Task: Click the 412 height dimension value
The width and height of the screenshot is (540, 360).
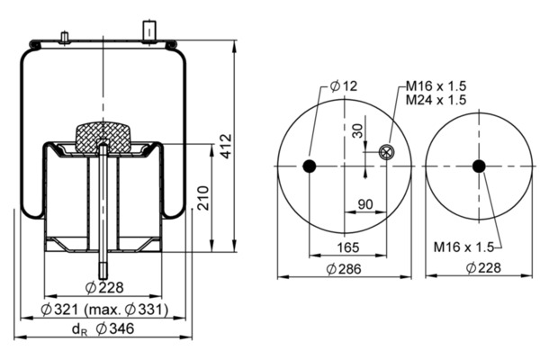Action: [226, 146]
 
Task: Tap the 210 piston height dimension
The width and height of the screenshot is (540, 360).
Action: [203, 198]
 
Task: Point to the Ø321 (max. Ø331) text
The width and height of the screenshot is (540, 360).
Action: [104, 310]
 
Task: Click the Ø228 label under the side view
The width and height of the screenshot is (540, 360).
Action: [104, 287]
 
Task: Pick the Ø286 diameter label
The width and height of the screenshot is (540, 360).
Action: [344, 269]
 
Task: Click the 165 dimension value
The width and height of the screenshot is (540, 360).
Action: [347, 247]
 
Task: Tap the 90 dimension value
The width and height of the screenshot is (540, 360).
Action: [365, 204]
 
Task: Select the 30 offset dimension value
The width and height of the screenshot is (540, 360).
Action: [358, 130]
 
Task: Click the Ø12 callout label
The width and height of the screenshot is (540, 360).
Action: [344, 85]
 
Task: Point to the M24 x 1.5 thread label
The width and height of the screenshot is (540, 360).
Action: [436, 100]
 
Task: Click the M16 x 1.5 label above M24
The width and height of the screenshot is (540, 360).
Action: [436, 85]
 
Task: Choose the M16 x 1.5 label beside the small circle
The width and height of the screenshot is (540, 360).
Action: [463, 247]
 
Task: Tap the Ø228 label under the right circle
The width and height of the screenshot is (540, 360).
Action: [483, 267]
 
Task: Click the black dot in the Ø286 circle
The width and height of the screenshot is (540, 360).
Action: [310, 166]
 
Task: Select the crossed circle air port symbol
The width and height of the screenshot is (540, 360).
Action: [386, 152]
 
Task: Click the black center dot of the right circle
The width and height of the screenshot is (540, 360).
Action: [479, 166]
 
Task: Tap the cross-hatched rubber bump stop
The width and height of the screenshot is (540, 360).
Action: [103, 137]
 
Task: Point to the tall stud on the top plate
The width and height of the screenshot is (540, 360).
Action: [149, 31]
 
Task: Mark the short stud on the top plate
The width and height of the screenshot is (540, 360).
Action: [64, 38]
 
